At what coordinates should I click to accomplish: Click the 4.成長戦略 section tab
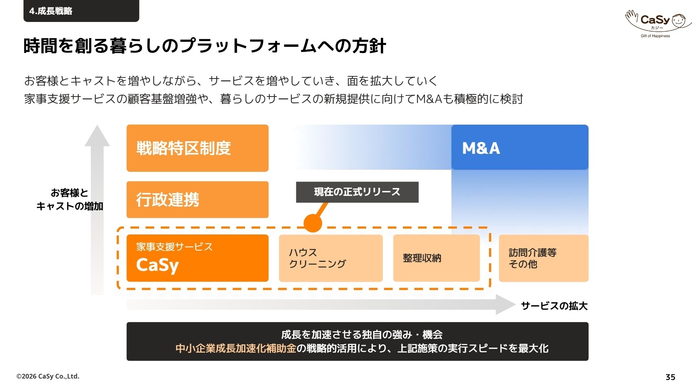click(x=81, y=11)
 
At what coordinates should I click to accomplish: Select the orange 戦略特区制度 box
click(x=198, y=148)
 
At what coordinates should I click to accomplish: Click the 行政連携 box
click(x=198, y=200)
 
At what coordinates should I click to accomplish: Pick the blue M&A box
click(x=520, y=147)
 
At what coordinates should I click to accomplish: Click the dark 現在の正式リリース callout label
click(x=357, y=192)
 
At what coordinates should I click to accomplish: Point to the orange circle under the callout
click(x=313, y=223)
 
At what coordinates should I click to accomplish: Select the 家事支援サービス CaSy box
click(x=198, y=258)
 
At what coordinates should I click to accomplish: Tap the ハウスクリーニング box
click(x=331, y=258)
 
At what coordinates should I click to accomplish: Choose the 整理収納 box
click(x=436, y=258)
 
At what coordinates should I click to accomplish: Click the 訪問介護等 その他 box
click(x=544, y=258)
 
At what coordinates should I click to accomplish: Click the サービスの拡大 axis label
click(x=554, y=306)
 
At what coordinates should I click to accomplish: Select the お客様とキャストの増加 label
click(x=70, y=200)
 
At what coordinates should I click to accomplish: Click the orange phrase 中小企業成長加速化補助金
click(x=236, y=348)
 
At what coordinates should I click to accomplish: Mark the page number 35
click(x=670, y=377)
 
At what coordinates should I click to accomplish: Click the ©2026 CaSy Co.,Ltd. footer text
click(x=48, y=376)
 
